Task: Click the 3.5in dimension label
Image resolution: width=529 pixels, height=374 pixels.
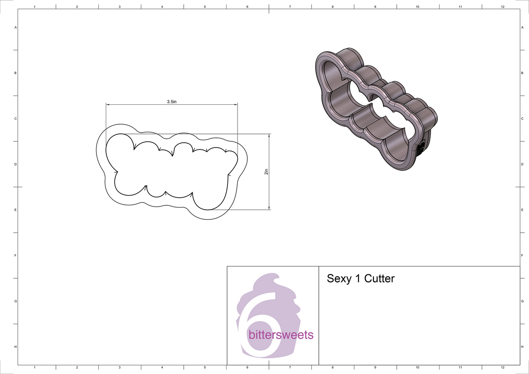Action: tap(171, 102)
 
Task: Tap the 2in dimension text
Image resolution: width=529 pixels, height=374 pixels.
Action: tap(266, 172)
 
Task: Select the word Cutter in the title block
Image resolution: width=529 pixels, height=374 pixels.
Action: tap(379, 279)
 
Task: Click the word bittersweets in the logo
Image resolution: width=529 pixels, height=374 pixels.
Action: tap(281, 335)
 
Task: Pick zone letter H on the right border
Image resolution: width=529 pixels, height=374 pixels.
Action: tap(522, 347)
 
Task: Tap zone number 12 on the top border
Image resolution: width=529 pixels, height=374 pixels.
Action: tap(503, 7)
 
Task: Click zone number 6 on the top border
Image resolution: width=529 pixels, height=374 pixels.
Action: tap(247, 7)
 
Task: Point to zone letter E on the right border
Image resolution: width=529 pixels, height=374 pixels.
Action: tap(522, 210)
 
